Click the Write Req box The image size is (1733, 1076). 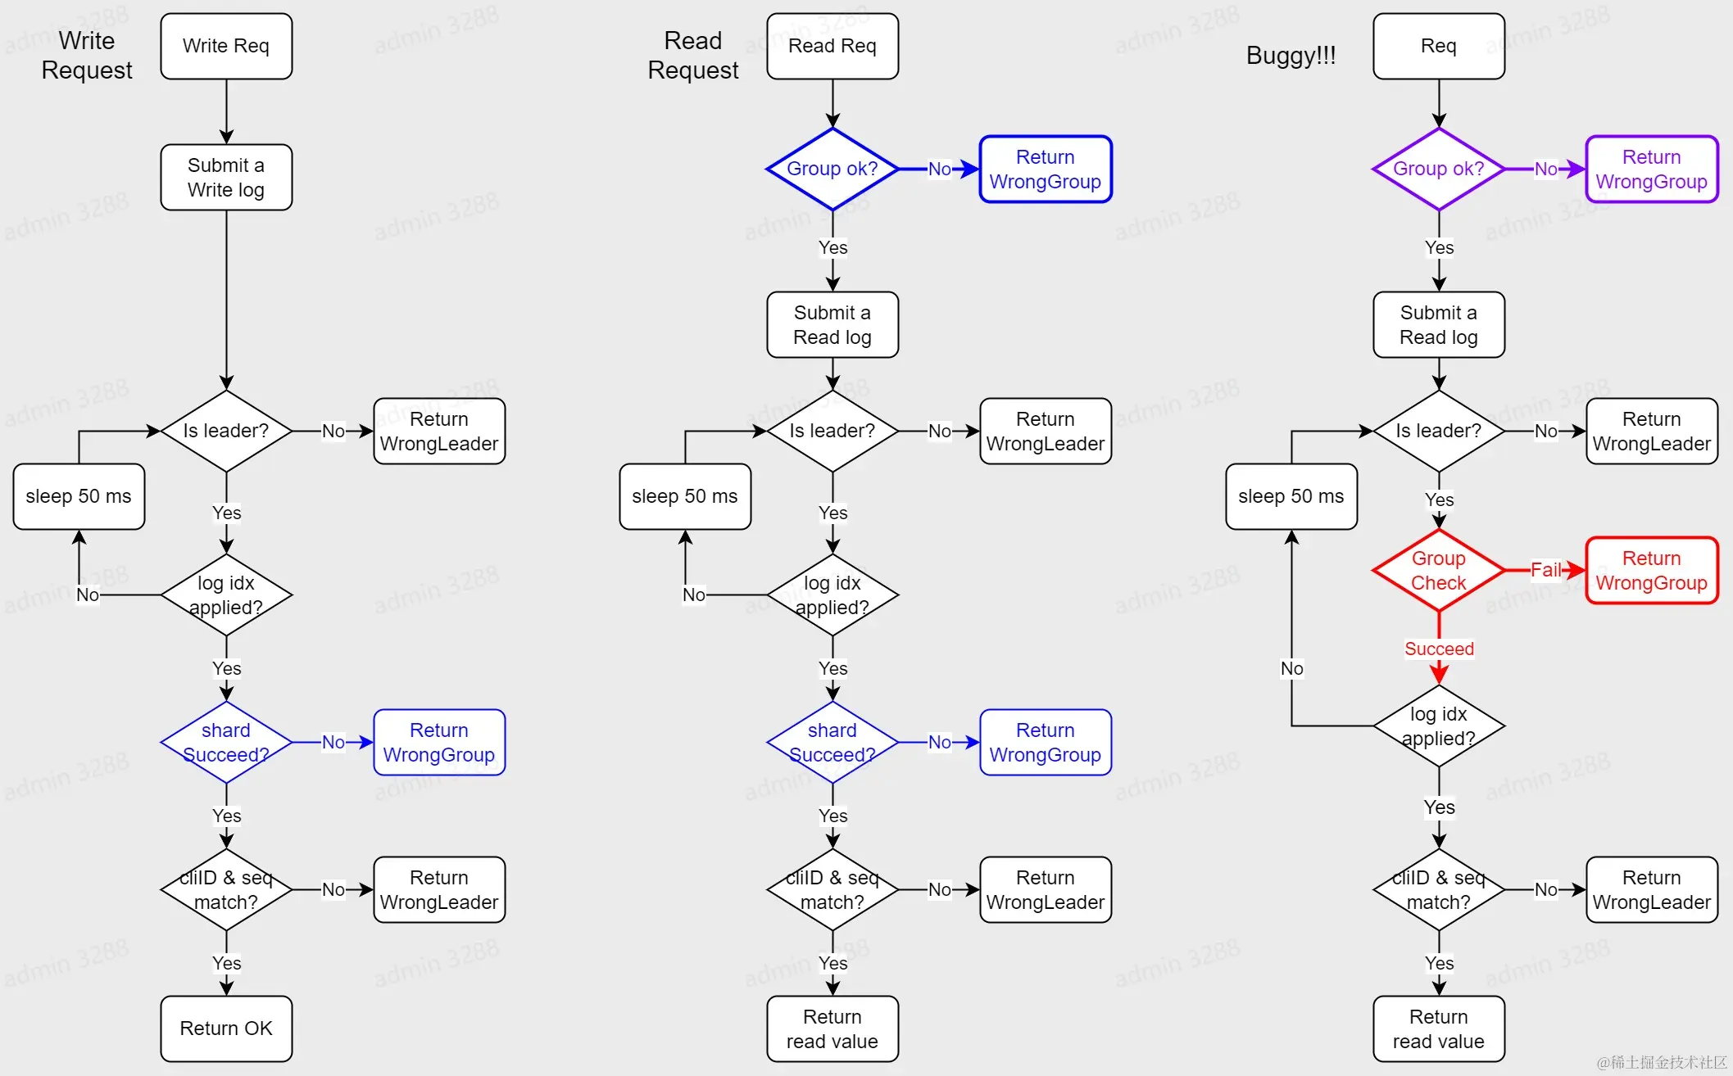226,46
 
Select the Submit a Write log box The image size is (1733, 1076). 226,177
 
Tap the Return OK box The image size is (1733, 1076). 226,1029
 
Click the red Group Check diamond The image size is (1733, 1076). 1439,570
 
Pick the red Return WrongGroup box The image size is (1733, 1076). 1651,570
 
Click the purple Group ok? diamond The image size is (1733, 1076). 1439,169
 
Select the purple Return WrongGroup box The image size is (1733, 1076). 1651,169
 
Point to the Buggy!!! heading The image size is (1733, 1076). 1291,55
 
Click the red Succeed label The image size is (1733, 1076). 1439,649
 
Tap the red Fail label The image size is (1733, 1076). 1545,570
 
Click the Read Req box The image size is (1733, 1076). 832,46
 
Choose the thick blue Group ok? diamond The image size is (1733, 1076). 832,169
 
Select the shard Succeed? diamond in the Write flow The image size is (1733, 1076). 226,742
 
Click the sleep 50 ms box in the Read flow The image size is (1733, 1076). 685,496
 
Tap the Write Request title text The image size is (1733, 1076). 87,55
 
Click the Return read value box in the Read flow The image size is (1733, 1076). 832,1029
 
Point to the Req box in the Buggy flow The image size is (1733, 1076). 1439,46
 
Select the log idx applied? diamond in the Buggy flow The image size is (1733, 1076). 1439,726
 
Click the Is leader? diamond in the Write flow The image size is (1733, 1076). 226,431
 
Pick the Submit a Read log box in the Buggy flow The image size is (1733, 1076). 1439,324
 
